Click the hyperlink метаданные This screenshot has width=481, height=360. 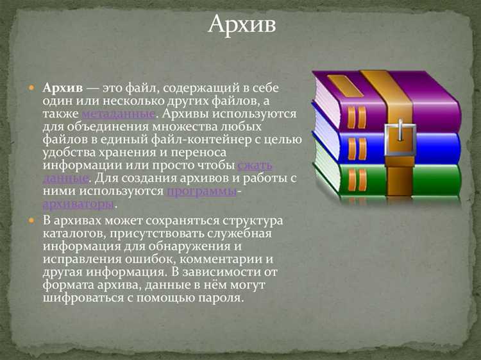pos(119,114)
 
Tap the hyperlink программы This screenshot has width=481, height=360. pos(201,191)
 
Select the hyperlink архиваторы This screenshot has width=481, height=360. pos(78,204)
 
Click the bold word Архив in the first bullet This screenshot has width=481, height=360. pos(63,88)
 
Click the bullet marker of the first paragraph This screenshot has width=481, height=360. pos(31,87)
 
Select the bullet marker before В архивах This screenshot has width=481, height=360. pos(31,220)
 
